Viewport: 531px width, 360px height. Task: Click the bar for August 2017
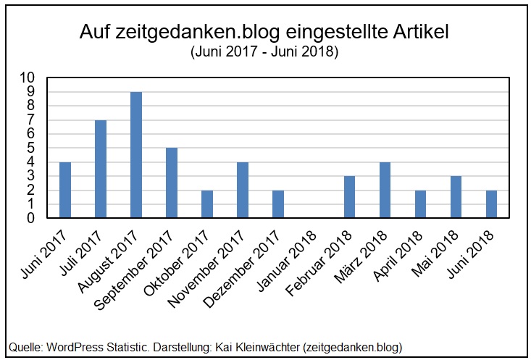click(136, 155)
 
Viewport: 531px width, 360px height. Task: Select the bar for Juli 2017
click(101, 169)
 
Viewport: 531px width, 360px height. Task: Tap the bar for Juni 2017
click(65, 190)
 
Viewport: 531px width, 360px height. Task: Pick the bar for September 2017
click(172, 183)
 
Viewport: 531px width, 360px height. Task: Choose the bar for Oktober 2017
click(207, 204)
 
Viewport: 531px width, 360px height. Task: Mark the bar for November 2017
click(243, 190)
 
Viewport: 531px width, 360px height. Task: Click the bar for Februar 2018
click(349, 197)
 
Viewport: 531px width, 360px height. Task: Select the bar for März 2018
click(385, 190)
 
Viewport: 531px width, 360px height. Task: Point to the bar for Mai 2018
click(456, 197)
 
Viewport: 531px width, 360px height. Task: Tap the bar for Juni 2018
click(491, 204)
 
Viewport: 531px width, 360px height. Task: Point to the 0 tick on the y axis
click(31, 218)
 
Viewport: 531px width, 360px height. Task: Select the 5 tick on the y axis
click(31, 148)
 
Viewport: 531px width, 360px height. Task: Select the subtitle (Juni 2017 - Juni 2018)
click(265, 53)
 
